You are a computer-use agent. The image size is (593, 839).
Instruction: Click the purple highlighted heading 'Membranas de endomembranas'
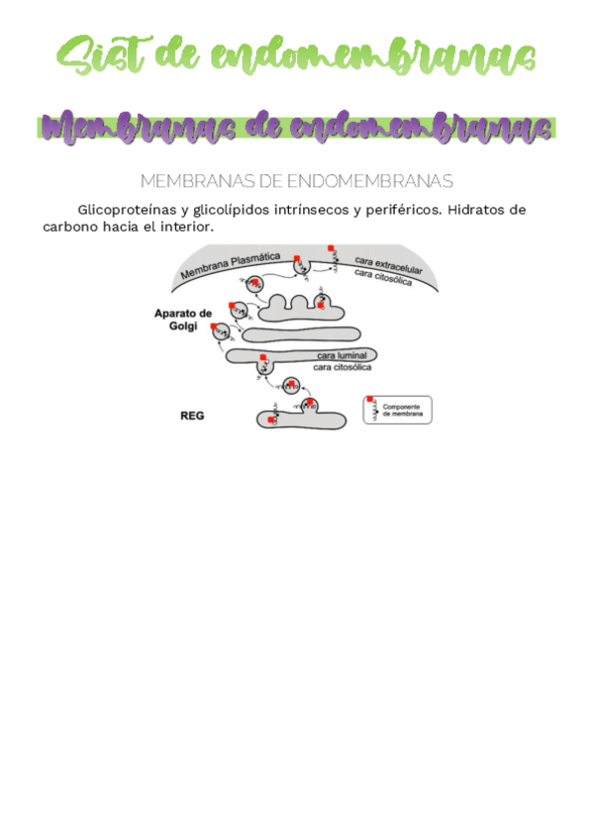297,127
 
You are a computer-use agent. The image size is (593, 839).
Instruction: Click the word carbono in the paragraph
71,227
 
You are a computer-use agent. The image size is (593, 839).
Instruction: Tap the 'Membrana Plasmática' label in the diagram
228,263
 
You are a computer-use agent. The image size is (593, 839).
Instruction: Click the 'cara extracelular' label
388,263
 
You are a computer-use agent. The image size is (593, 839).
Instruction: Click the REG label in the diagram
191,417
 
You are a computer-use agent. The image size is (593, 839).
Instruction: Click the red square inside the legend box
371,401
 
